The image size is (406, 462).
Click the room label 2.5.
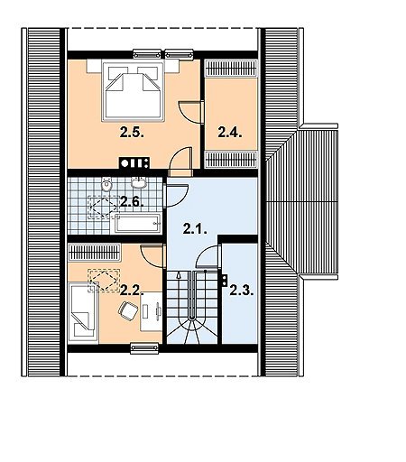(x=132, y=133)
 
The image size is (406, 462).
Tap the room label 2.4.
(x=230, y=133)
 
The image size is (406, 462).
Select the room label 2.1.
(x=195, y=230)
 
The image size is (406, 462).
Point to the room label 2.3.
(x=242, y=291)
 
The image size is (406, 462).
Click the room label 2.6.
(x=132, y=201)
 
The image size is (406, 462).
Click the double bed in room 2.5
(x=134, y=90)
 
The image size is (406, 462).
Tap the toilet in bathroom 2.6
(x=106, y=185)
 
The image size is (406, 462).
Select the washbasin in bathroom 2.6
(x=139, y=183)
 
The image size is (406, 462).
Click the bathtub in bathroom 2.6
(x=139, y=224)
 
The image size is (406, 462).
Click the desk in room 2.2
(x=152, y=311)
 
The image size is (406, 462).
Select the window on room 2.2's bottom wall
(x=144, y=348)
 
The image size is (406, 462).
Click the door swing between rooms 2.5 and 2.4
(x=190, y=112)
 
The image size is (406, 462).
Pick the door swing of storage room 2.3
(x=208, y=256)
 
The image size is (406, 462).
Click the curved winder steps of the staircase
(x=192, y=329)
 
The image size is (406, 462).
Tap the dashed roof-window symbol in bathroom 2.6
(x=104, y=207)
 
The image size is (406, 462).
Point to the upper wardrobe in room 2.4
(x=231, y=68)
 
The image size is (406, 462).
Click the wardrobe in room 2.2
(x=95, y=253)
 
